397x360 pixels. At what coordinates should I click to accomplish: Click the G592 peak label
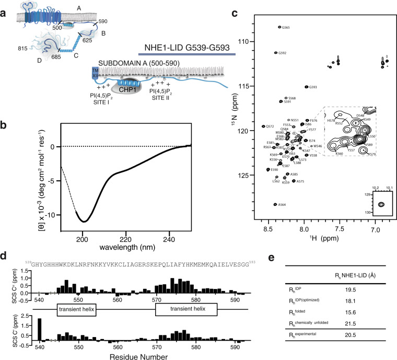coord(283,53)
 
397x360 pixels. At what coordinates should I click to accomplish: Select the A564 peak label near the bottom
coord(283,205)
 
